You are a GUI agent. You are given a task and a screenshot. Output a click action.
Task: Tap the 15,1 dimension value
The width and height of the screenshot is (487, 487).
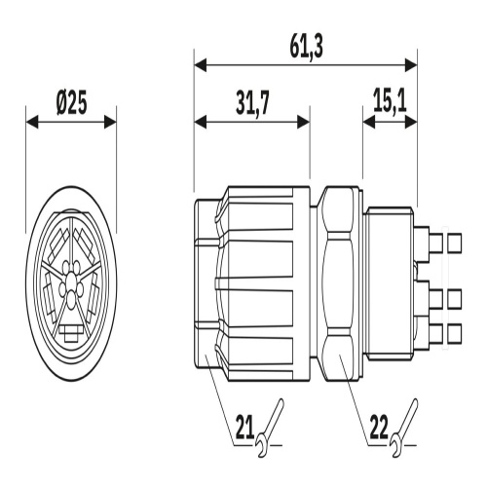point(390,100)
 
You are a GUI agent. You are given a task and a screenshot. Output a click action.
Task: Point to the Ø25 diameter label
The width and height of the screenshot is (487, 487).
point(71,104)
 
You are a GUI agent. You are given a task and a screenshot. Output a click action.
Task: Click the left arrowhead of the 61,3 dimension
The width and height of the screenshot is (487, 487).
point(201,65)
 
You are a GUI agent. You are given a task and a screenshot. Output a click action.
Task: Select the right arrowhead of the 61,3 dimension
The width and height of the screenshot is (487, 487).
point(411,65)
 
